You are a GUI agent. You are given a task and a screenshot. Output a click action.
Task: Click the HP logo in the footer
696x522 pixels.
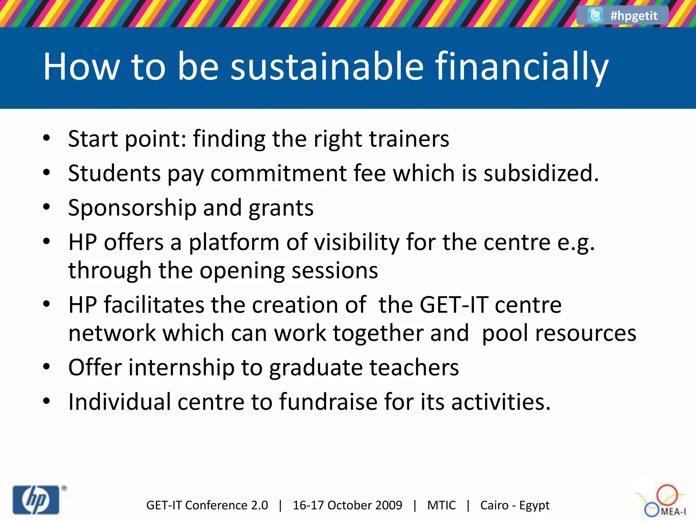click(x=36, y=500)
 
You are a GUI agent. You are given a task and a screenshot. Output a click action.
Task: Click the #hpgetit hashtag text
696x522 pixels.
click(x=634, y=16)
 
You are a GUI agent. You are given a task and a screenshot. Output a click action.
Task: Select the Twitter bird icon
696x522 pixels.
click(x=595, y=15)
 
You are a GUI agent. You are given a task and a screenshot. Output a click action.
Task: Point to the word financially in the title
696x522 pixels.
click(x=522, y=67)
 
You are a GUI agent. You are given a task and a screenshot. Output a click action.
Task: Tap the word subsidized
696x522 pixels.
click(x=541, y=173)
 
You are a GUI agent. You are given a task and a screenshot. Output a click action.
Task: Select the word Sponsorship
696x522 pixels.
click(x=132, y=208)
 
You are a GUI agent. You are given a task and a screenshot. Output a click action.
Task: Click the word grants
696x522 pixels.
click(x=281, y=208)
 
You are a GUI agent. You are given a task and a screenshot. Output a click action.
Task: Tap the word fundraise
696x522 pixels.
click(x=328, y=402)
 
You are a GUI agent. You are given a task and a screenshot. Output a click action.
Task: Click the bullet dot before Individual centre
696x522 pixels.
click(x=47, y=401)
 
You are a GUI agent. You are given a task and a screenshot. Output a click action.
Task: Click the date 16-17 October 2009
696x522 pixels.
click(x=347, y=505)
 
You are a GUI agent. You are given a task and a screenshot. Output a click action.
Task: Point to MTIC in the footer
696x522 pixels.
click(x=441, y=505)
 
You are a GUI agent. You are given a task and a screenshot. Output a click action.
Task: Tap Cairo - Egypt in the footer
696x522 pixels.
click(x=515, y=505)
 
